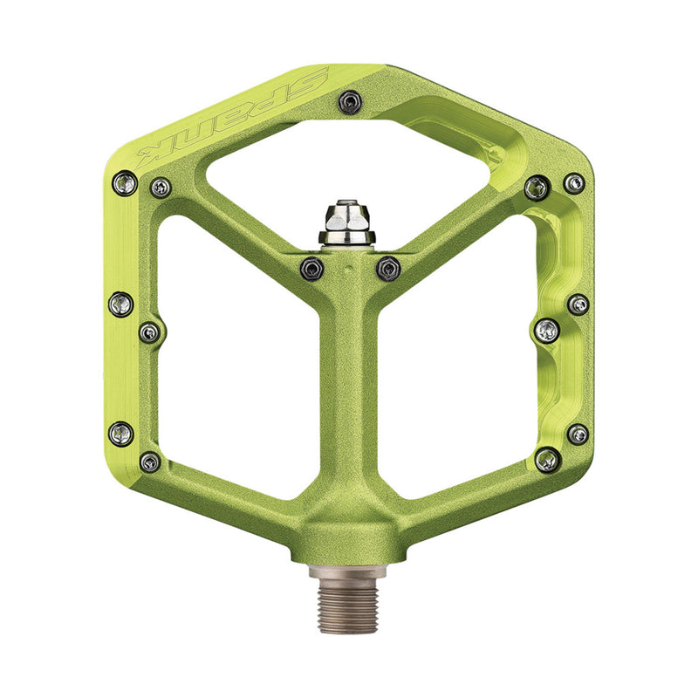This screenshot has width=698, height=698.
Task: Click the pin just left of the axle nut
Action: (x=311, y=269)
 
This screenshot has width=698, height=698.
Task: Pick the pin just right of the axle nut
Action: (x=387, y=269)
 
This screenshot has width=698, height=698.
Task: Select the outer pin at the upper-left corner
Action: (x=124, y=184)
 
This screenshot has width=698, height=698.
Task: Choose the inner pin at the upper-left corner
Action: (x=161, y=187)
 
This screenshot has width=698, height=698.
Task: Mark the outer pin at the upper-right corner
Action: (x=573, y=183)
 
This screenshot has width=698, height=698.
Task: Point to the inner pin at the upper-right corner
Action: (x=537, y=187)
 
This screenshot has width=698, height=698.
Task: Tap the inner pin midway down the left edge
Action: (x=150, y=332)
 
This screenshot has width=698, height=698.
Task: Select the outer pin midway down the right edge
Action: (x=578, y=305)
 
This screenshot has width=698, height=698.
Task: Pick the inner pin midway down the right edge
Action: (x=547, y=330)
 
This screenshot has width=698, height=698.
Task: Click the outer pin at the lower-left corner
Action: (x=121, y=432)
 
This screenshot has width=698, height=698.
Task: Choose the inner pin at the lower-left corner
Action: (x=151, y=462)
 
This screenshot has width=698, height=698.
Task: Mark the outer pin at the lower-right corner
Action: (x=578, y=434)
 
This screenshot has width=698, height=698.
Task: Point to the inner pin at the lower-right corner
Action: (x=547, y=461)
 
